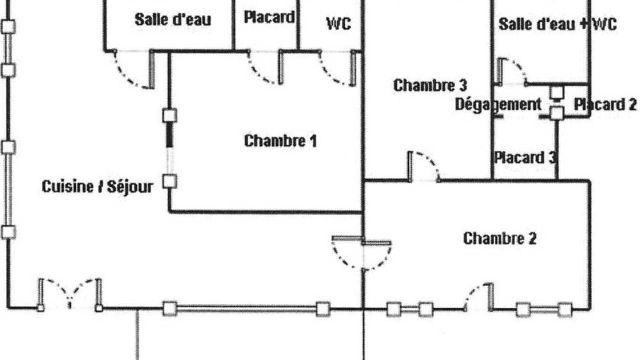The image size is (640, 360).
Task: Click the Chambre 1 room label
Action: (x=280, y=140)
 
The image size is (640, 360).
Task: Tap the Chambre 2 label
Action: (x=499, y=238)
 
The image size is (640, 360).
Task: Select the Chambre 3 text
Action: (x=430, y=85)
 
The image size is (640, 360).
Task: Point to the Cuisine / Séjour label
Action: (x=97, y=187)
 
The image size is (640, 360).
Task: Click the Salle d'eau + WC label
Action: (x=557, y=24)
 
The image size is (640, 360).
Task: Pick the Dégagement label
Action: (x=498, y=104)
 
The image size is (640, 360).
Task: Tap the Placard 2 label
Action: (x=605, y=104)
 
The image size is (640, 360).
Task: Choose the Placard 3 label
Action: (x=525, y=157)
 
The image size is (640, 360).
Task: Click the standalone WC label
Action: (x=338, y=23)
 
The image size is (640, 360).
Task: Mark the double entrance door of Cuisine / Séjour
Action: (x=69, y=294)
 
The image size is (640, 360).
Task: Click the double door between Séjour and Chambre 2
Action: (x=361, y=253)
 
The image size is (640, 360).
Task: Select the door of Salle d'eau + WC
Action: (x=512, y=71)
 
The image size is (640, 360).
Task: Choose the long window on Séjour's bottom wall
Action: (x=246, y=309)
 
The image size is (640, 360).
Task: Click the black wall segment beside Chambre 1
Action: (x=169, y=134)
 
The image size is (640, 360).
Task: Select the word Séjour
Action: (x=130, y=187)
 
